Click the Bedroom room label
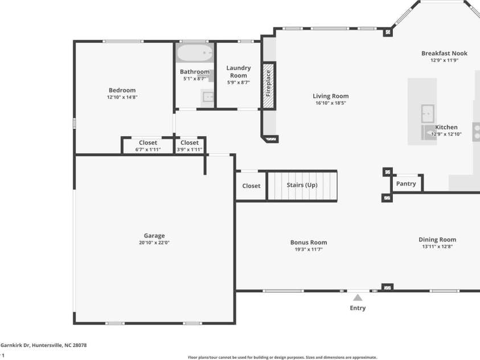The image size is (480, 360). tap(122, 90)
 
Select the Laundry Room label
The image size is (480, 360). tap(238, 72)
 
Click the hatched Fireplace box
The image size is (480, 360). tap(268, 87)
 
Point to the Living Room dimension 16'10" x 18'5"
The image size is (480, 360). tap(331, 104)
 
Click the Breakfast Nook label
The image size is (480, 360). tap(444, 53)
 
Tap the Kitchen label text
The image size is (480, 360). tap(446, 127)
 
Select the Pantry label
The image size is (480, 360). tap(406, 183)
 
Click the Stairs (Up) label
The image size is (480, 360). tap(302, 185)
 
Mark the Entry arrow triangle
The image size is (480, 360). tap(358, 297)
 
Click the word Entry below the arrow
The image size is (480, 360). tap(358, 308)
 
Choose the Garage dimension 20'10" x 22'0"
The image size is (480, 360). tap(154, 243)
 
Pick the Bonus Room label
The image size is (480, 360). tap(309, 242)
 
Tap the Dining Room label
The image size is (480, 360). tap(437, 239)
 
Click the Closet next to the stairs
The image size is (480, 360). tap(251, 186)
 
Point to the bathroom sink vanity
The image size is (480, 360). tap(208, 98)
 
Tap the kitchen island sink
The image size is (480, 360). tap(428, 113)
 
